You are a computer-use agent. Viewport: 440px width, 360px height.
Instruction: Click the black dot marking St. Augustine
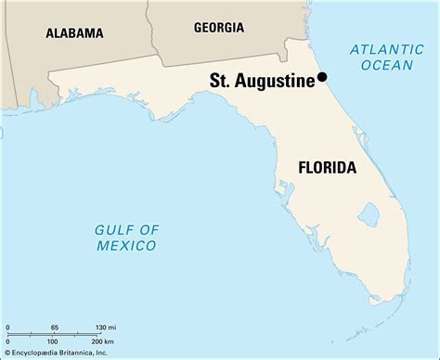point(322,78)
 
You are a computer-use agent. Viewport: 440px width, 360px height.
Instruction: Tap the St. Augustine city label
point(263,82)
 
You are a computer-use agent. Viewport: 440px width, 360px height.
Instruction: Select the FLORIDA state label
point(326,168)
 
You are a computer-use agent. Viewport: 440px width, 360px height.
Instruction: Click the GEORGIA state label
point(218,28)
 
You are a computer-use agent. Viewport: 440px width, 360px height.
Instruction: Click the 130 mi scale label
point(106,328)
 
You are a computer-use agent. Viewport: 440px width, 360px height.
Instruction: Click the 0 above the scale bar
point(7,328)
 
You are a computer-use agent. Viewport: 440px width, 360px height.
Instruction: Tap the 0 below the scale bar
point(7,343)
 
